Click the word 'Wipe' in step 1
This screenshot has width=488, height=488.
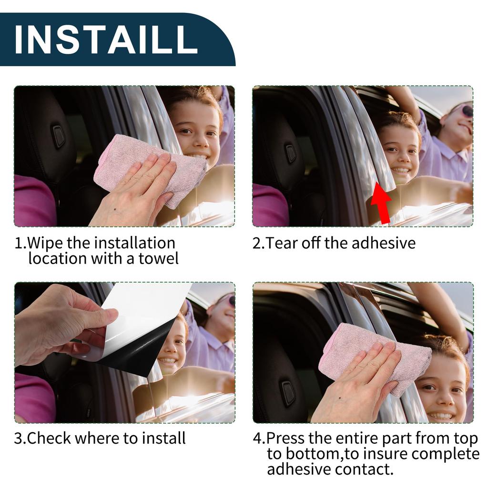[46, 243]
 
